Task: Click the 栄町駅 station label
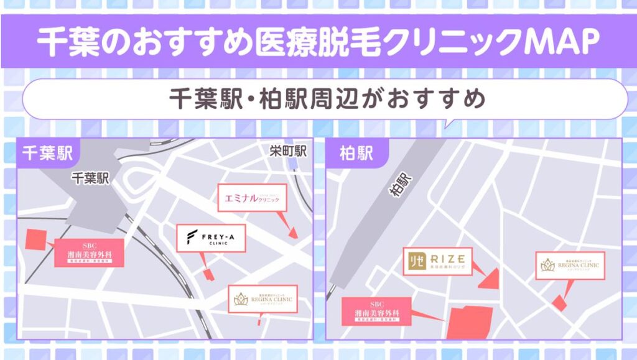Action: click(289, 151)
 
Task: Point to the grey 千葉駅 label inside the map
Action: click(90, 179)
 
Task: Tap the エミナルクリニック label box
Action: click(252, 198)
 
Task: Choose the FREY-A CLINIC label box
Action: click(211, 238)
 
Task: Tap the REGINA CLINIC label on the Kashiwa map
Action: click(569, 265)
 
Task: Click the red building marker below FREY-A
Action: click(208, 273)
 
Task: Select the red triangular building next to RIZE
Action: click(491, 279)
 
